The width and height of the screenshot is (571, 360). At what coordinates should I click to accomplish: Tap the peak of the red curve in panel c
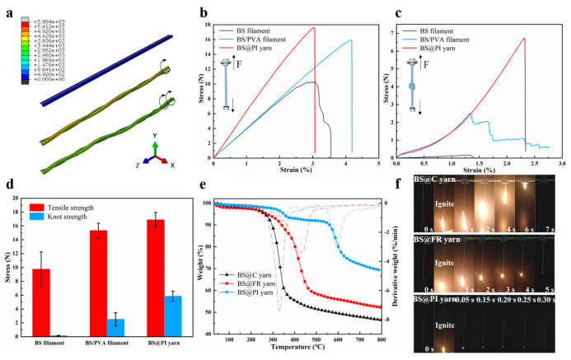524,38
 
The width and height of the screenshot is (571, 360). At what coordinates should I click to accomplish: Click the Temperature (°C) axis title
297,349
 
